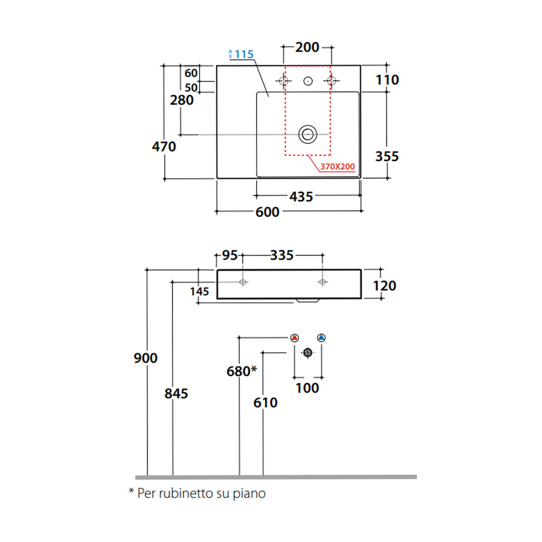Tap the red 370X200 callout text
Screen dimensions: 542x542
tap(337, 167)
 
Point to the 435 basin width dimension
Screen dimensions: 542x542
tap(301, 196)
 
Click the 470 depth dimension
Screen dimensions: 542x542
tap(164, 146)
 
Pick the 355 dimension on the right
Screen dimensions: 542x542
tap(386, 157)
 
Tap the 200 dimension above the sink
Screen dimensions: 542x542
tap(307, 47)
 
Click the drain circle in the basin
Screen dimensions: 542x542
tap(307, 134)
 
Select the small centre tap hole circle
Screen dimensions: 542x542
tap(308, 81)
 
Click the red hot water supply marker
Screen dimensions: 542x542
tap(295, 337)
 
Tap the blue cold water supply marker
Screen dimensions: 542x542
tap(321, 337)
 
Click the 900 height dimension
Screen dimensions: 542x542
tap(145, 358)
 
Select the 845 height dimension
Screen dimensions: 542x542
tap(176, 394)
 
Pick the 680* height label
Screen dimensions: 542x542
tap(241, 372)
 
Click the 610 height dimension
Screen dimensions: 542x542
tap(265, 403)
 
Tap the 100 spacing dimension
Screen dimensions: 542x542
tap(307, 388)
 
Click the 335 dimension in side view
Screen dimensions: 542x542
tap(282, 256)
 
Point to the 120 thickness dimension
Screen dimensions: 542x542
tap(385, 286)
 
